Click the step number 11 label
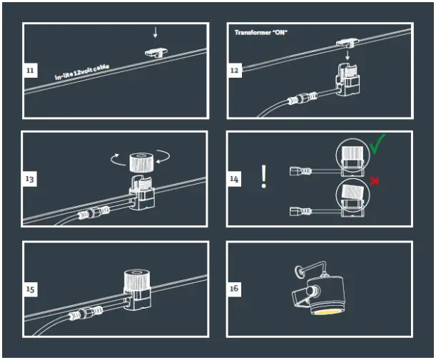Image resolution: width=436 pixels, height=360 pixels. coord(30,71)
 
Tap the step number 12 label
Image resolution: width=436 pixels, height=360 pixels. coord(235,71)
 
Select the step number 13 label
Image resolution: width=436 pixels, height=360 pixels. coord(30,179)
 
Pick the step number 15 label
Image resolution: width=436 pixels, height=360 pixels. coord(30,289)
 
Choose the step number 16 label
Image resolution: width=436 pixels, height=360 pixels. coord(235,289)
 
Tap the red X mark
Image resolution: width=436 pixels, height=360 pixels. coord(374,181)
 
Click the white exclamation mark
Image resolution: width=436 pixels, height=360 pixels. coord(264,176)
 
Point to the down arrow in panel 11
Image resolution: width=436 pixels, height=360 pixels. coord(156,33)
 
